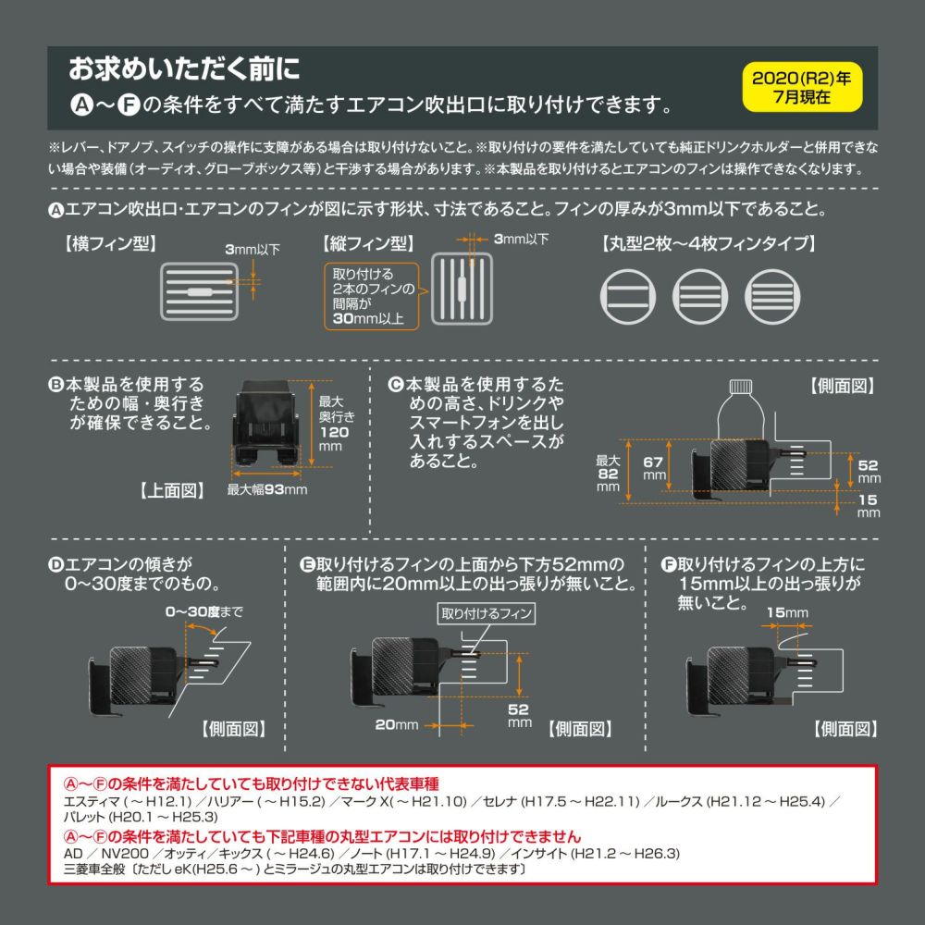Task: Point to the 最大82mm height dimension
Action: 608,474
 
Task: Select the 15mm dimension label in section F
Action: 787,612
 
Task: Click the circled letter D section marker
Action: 55,564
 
